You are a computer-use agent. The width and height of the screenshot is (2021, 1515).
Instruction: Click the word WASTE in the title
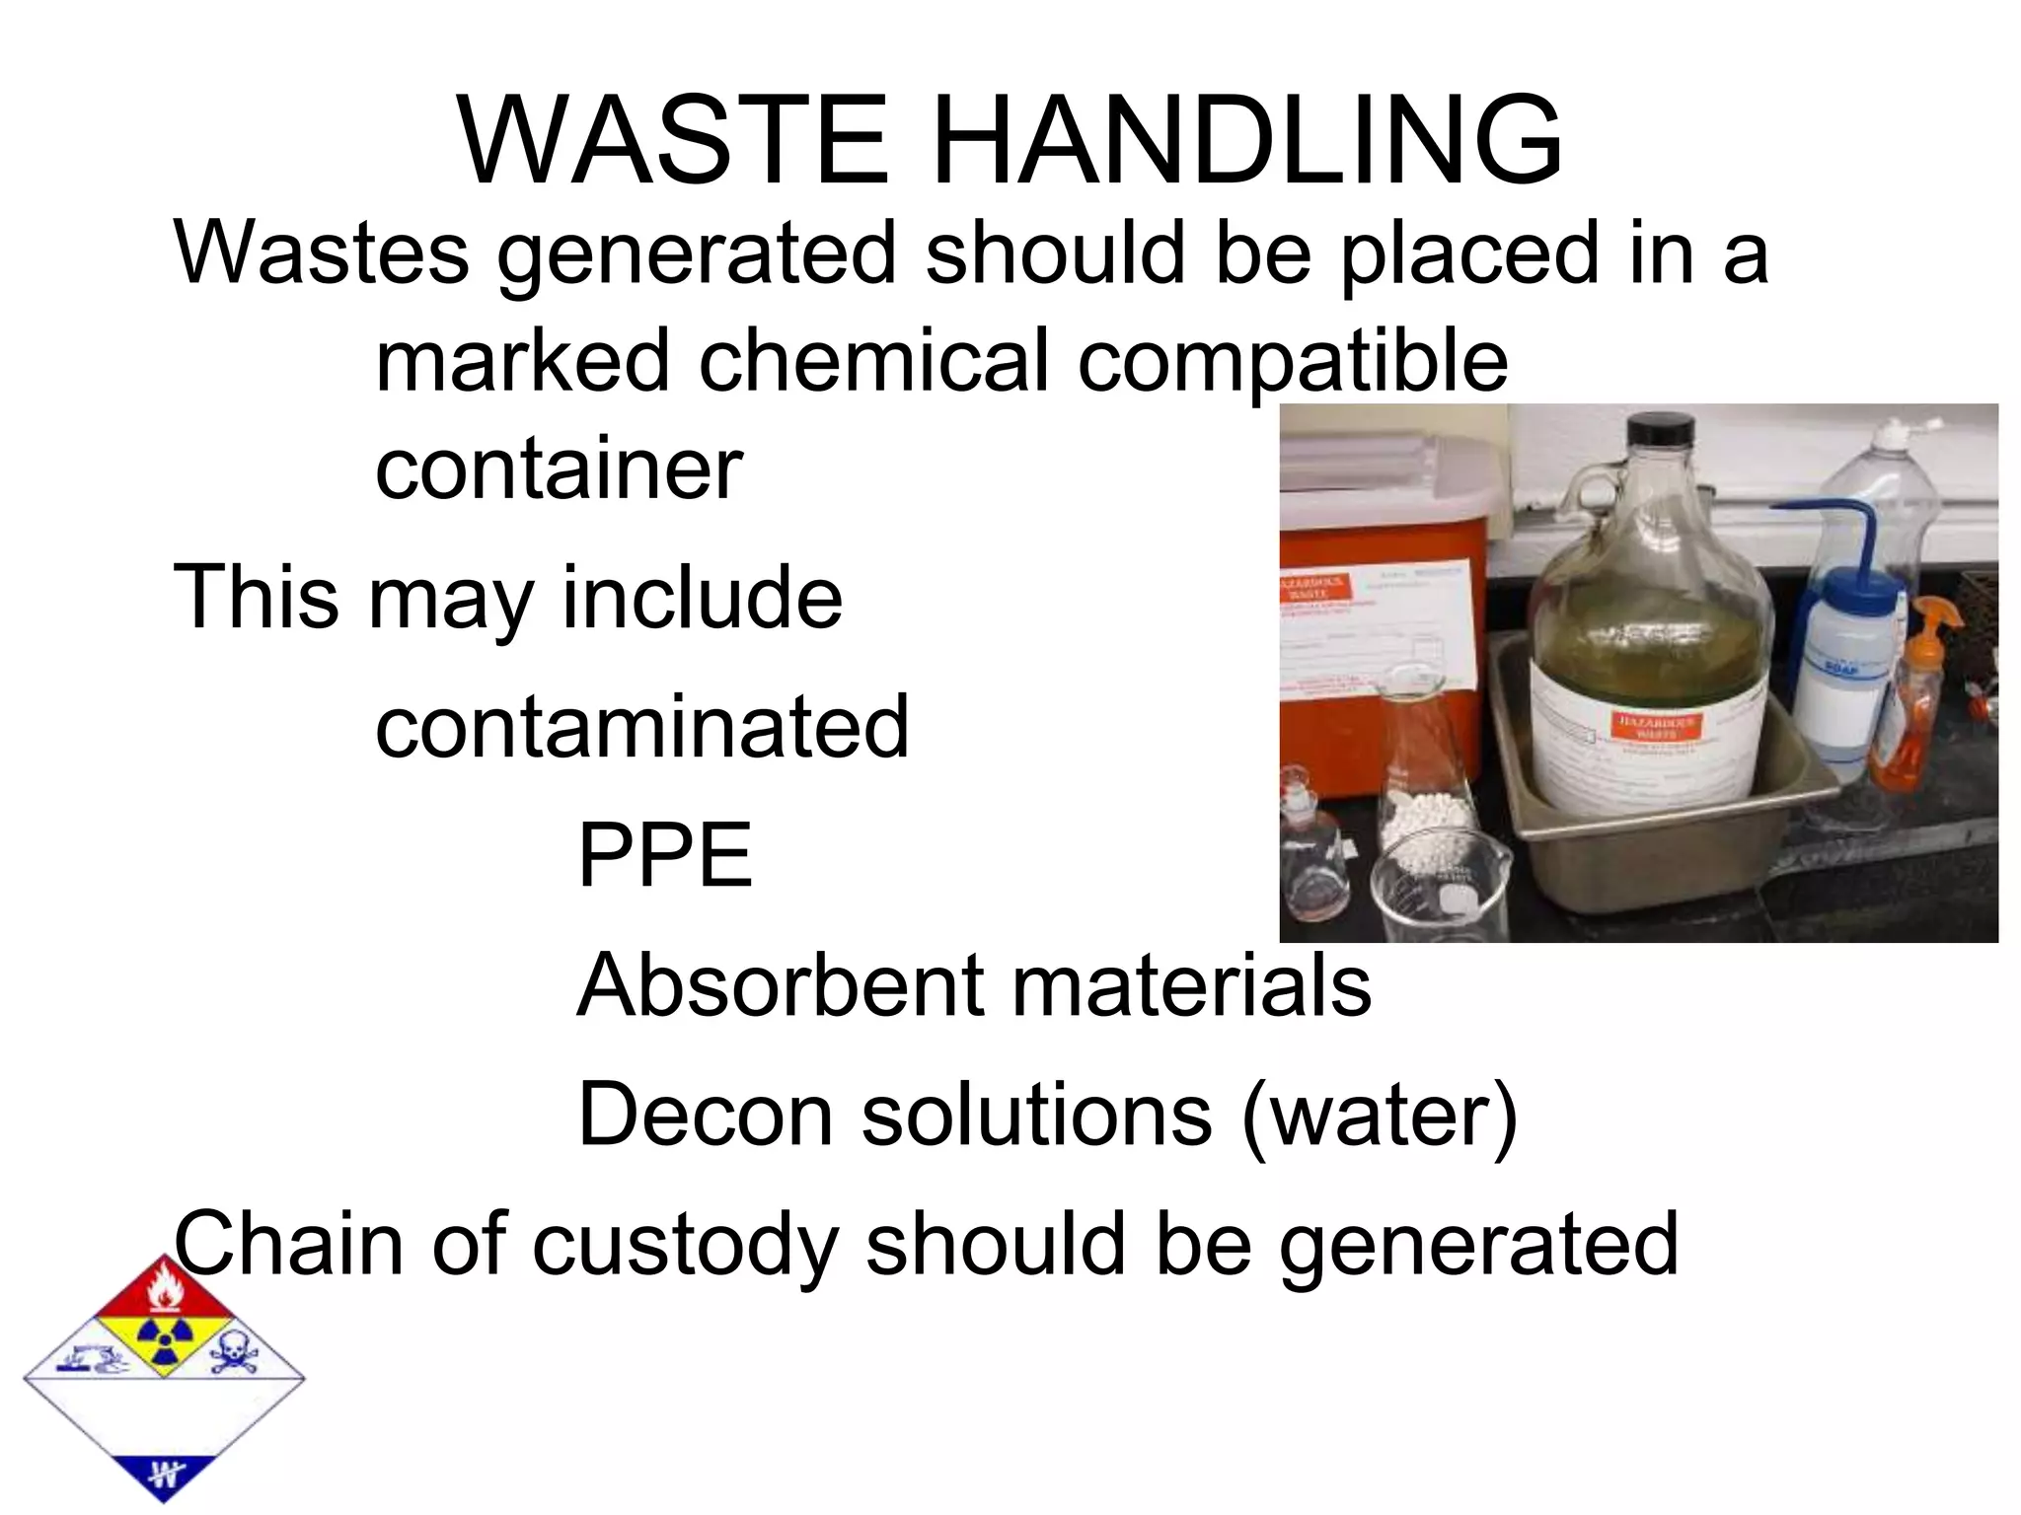673,141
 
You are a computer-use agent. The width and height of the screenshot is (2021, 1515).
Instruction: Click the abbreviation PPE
664,855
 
